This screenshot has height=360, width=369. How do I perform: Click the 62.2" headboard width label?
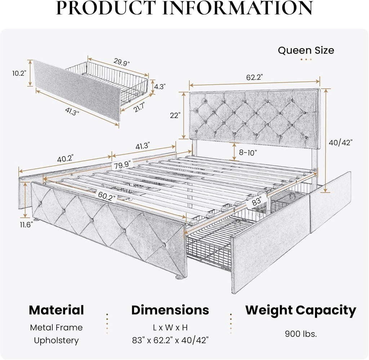(x=255, y=77)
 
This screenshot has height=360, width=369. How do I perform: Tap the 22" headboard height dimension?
(x=175, y=115)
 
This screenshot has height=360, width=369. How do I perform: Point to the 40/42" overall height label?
(x=340, y=142)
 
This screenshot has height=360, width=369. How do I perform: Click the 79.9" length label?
(x=123, y=166)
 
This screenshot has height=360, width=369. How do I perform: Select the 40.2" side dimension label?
(x=65, y=158)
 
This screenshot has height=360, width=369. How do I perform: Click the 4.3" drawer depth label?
(x=160, y=87)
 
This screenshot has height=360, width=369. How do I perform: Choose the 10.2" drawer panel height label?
(x=19, y=73)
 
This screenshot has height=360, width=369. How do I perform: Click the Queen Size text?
(x=306, y=50)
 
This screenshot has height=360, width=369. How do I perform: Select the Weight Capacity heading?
(x=301, y=310)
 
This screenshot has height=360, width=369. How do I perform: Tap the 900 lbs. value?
(x=301, y=334)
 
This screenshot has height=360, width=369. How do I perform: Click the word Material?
(x=56, y=310)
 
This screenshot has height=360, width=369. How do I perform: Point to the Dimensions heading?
(x=170, y=310)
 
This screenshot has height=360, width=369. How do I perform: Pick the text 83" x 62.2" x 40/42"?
(x=170, y=340)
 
